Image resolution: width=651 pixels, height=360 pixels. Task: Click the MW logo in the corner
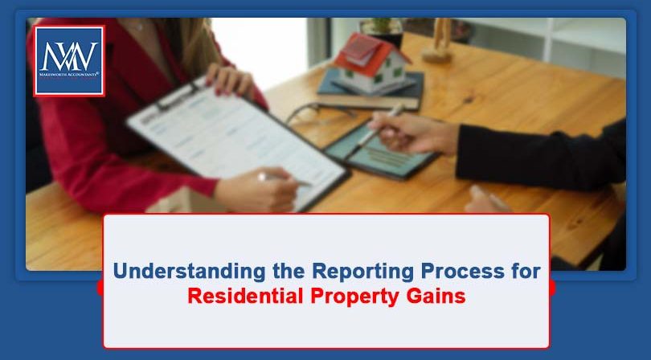[68, 59]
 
